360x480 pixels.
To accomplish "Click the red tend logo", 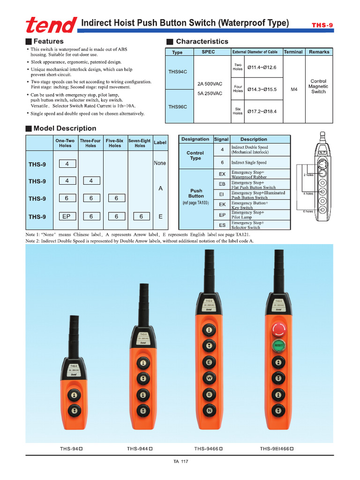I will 52,24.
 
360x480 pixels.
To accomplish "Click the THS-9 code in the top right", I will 322,25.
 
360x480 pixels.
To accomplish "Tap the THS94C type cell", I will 178,72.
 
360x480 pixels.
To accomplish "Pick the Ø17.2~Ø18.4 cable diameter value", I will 262,111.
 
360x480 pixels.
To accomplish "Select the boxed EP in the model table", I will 67,217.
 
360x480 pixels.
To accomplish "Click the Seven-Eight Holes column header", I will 140,142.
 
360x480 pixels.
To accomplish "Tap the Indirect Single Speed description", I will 248,163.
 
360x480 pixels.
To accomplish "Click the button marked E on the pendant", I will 209,362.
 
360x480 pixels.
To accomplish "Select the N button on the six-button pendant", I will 209,411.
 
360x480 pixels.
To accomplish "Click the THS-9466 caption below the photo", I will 208,449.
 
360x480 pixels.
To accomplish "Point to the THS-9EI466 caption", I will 277,449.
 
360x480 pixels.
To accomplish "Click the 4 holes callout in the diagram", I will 308,193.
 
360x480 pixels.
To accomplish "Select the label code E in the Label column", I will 160,217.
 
